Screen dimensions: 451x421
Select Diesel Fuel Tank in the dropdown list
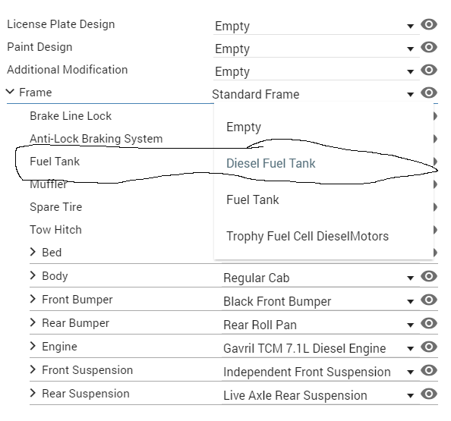click(x=270, y=163)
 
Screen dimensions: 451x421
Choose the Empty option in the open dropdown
click(x=244, y=127)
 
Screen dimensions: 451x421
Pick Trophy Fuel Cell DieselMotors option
click(x=307, y=237)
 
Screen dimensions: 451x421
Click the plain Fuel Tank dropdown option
click(x=253, y=200)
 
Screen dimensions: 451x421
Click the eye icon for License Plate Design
click(x=429, y=24)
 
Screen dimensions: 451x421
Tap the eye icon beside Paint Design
click(x=429, y=47)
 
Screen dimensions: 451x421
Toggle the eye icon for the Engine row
click(x=429, y=347)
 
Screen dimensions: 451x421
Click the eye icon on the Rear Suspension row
click(x=429, y=394)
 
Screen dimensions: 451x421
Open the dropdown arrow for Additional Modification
click(x=411, y=71)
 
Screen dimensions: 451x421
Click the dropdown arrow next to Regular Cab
click(x=411, y=278)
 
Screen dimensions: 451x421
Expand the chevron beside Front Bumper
click(x=33, y=299)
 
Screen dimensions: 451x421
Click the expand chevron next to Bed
click(x=33, y=252)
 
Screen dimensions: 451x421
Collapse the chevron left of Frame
click(x=10, y=92)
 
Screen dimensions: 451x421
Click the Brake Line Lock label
click(x=71, y=116)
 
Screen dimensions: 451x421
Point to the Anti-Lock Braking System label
click(x=96, y=139)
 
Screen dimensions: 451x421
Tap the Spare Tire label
click(x=55, y=207)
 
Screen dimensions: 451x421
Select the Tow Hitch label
click(x=55, y=230)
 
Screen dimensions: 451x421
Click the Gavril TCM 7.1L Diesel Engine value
click(x=304, y=349)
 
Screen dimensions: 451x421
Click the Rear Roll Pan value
click(x=260, y=325)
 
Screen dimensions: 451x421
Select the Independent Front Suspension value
click(x=307, y=372)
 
